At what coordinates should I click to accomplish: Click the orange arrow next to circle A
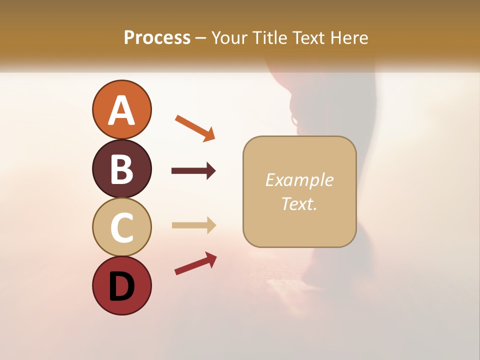pos(195,128)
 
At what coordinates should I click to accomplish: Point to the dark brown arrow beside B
pos(193,171)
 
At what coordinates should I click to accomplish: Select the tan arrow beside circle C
pos(193,225)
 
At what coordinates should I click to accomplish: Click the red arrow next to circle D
pos(195,263)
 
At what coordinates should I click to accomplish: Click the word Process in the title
pos(157,38)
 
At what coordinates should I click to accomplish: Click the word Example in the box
pos(299,180)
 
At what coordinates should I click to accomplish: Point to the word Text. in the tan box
pos(299,204)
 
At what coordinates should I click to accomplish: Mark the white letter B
pos(121,169)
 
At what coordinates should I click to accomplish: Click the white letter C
pos(121,227)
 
